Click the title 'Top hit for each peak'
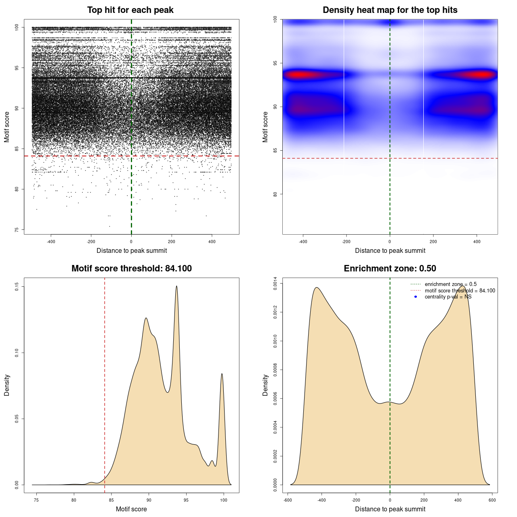pyautogui.click(x=130, y=10)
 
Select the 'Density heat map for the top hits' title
pyautogui.click(x=390, y=10)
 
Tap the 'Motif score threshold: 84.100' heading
pyautogui.click(x=131, y=269)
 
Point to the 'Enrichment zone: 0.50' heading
pyautogui.click(x=390, y=269)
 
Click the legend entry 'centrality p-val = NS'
pyautogui.click(x=448, y=297)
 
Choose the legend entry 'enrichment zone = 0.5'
pyautogui.click(x=450, y=284)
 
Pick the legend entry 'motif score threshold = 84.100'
pyautogui.click(x=460, y=291)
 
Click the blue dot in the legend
pyautogui.click(x=416, y=297)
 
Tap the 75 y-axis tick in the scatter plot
pyautogui.click(x=17, y=230)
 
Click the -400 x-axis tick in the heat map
pyautogui.click(x=303, y=242)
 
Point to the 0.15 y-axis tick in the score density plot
pyautogui.click(x=17, y=287)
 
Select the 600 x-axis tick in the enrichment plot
pyautogui.click(x=492, y=500)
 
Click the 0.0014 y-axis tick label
pyautogui.click(x=275, y=284)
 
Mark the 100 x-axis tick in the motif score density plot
pyautogui.click(x=224, y=500)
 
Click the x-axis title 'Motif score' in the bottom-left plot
pyautogui.click(x=131, y=509)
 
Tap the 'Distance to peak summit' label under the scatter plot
pyautogui.click(x=132, y=251)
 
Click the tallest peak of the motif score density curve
pyautogui.click(x=177, y=286)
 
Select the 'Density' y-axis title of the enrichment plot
pyautogui.click(x=265, y=385)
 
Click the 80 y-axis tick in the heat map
pyautogui.click(x=275, y=194)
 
